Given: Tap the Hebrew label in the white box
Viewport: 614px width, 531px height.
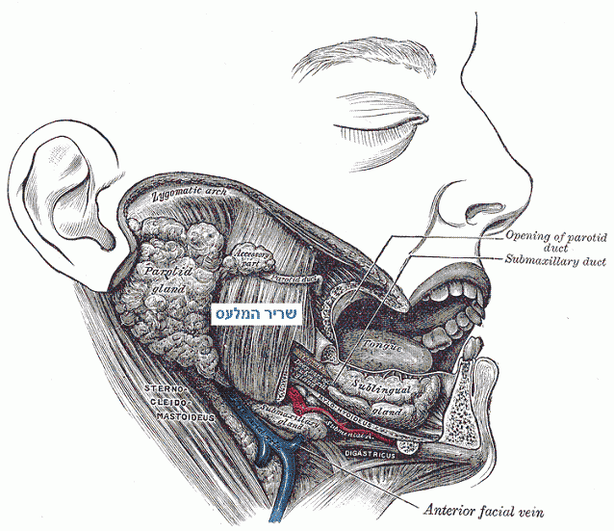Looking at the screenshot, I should click(x=257, y=313).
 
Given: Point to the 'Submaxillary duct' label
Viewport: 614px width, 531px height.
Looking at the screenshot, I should click(x=554, y=260).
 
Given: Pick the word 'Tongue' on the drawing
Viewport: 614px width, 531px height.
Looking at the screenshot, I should click(x=380, y=344).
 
